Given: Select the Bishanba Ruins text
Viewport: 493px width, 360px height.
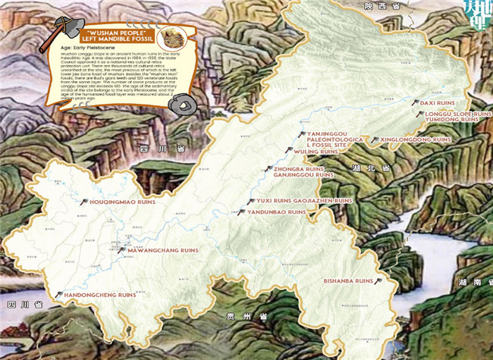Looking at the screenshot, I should (x=349, y=281).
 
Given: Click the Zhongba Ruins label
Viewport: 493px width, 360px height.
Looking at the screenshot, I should (x=299, y=168).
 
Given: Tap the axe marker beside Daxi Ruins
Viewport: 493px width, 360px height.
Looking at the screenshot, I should (x=415, y=101).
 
